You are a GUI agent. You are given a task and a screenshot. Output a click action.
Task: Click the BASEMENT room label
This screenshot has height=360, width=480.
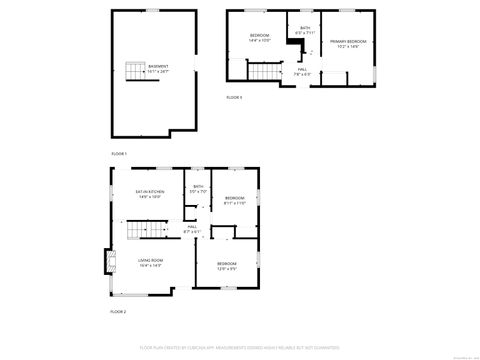pos(158,69)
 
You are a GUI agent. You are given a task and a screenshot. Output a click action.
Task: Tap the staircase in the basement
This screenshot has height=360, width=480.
pos(134,71)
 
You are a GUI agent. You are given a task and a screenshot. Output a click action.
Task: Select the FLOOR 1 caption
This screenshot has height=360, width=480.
pos(119,153)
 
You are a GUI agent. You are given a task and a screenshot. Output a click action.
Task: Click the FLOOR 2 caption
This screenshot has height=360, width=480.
pos(119,312)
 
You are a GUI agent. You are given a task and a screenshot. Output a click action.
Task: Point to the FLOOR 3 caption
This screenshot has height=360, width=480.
pos(234,97)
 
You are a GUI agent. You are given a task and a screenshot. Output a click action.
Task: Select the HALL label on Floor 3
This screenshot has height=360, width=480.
pos(302,71)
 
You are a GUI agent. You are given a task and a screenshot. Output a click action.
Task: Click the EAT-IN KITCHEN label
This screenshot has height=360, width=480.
pos(149,195)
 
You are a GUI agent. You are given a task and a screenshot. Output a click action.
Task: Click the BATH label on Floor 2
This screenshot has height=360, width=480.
pos(198,188)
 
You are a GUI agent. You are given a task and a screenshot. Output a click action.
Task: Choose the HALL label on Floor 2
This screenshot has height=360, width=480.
pos(193,229)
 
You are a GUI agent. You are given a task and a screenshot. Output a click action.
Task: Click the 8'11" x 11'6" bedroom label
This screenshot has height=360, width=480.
pos(235,200)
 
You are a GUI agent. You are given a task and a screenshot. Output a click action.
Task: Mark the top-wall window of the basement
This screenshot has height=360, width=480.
pos(152,11)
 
